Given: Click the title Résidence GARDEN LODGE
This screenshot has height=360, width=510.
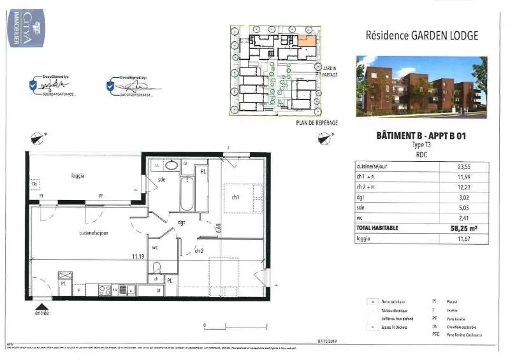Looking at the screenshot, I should click(x=421, y=36).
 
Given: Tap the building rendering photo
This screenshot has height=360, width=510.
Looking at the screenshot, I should click(x=421, y=87).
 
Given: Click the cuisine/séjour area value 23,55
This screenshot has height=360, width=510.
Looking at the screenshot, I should click(x=463, y=166).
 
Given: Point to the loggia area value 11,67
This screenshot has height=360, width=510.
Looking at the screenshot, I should click(x=463, y=238).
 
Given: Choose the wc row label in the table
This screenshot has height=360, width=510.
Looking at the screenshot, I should click(x=361, y=217).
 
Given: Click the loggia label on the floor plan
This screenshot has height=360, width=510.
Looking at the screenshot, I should click(x=78, y=175).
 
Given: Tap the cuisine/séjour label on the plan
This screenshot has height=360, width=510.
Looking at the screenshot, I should click(x=94, y=234).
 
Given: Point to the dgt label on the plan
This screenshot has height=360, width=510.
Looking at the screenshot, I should click(x=182, y=222).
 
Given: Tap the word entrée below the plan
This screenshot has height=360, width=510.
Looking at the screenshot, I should click(x=41, y=313).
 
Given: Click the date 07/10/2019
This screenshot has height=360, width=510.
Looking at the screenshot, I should click(x=328, y=342).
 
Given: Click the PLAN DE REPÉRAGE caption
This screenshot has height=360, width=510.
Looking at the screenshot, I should click(x=317, y=122).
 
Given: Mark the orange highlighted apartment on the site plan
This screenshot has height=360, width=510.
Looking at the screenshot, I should click(x=306, y=41).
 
